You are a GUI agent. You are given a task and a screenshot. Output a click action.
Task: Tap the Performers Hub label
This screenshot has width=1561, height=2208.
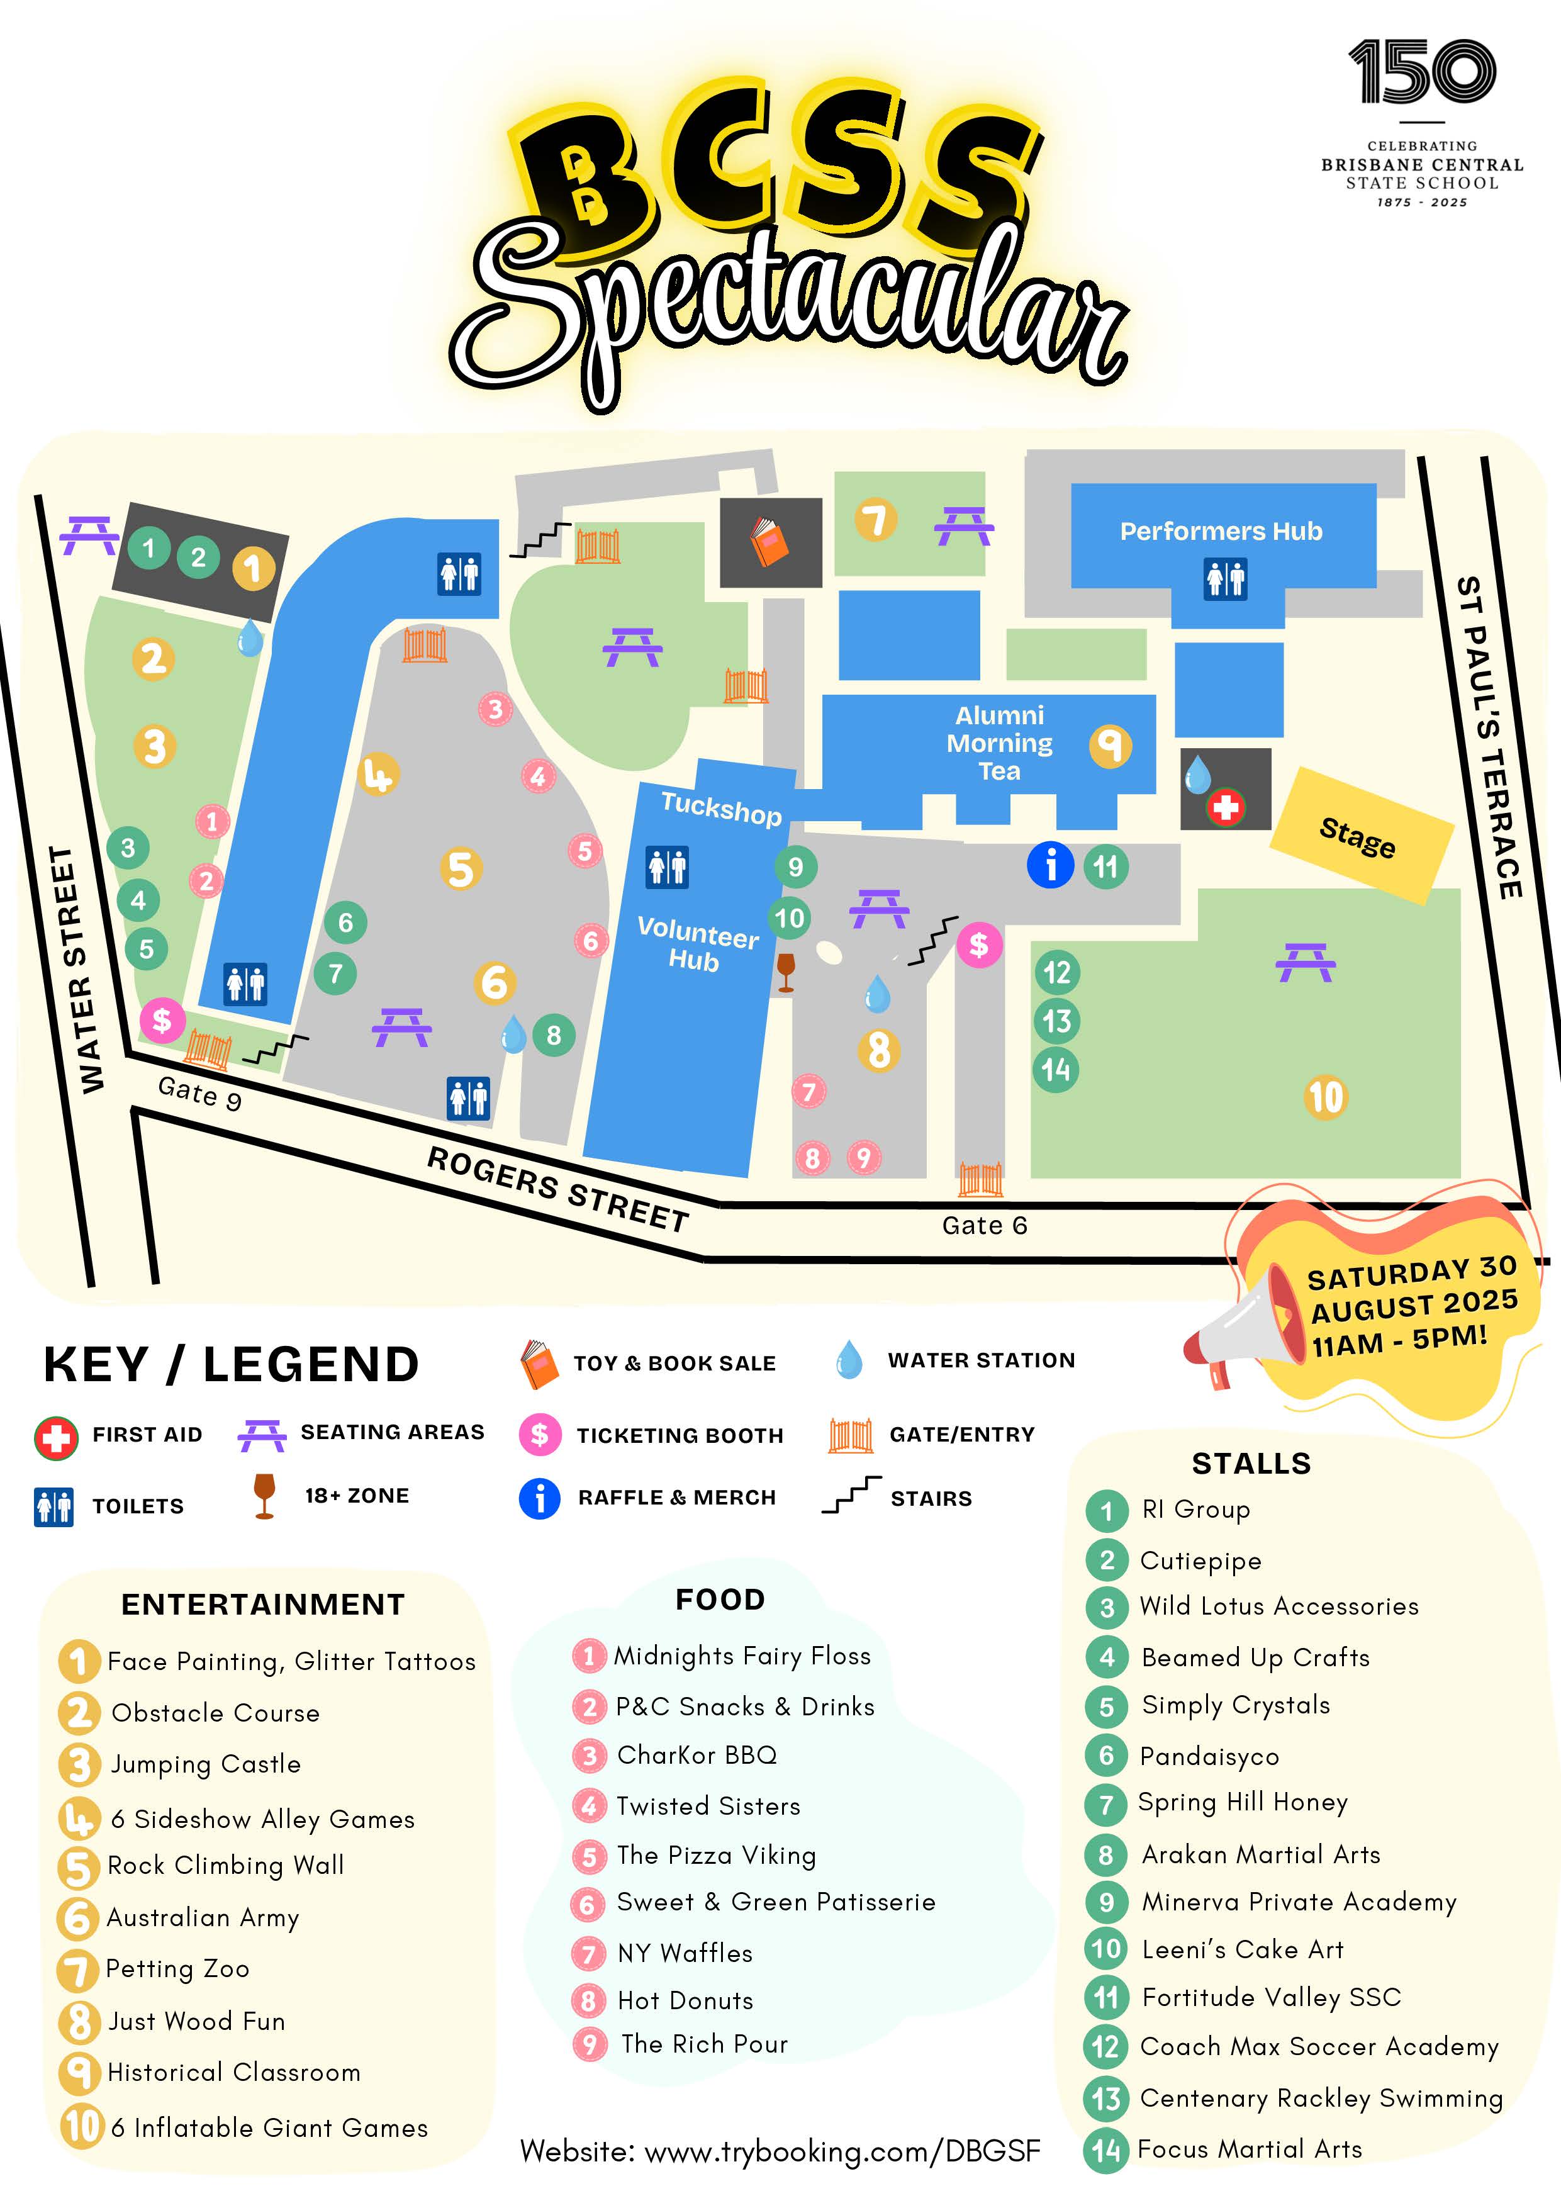[x=1221, y=531]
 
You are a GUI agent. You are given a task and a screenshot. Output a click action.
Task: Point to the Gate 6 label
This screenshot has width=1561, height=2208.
[x=984, y=1225]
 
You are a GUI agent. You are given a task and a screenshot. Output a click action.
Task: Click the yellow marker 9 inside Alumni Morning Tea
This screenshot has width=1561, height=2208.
[x=1109, y=745]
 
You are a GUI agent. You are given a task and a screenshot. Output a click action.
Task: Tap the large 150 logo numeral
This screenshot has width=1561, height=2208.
[x=1421, y=72]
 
